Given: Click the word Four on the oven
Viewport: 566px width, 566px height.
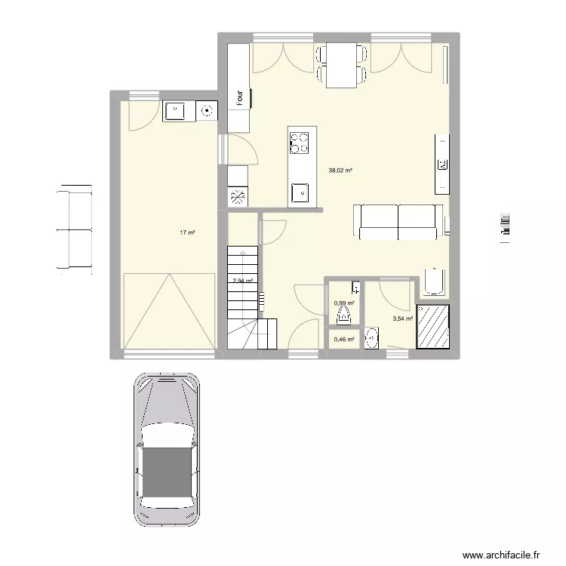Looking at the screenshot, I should (239, 98).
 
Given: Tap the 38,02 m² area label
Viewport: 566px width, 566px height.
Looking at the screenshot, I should (340, 171).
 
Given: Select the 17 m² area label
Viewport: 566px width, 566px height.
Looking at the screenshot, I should (187, 233).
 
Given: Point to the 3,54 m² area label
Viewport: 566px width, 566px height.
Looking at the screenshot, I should (403, 318).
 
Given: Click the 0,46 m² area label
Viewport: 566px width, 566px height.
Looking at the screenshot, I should (344, 340).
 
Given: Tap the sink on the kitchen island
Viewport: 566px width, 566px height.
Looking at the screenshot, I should (300, 192).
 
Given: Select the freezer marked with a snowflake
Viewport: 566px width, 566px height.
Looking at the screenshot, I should (238, 198).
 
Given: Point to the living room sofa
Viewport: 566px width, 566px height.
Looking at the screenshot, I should (398, 221).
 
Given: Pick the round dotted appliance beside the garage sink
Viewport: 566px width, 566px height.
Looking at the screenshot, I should (206, 112).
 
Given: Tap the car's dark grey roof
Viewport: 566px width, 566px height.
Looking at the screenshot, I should (167, 475).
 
